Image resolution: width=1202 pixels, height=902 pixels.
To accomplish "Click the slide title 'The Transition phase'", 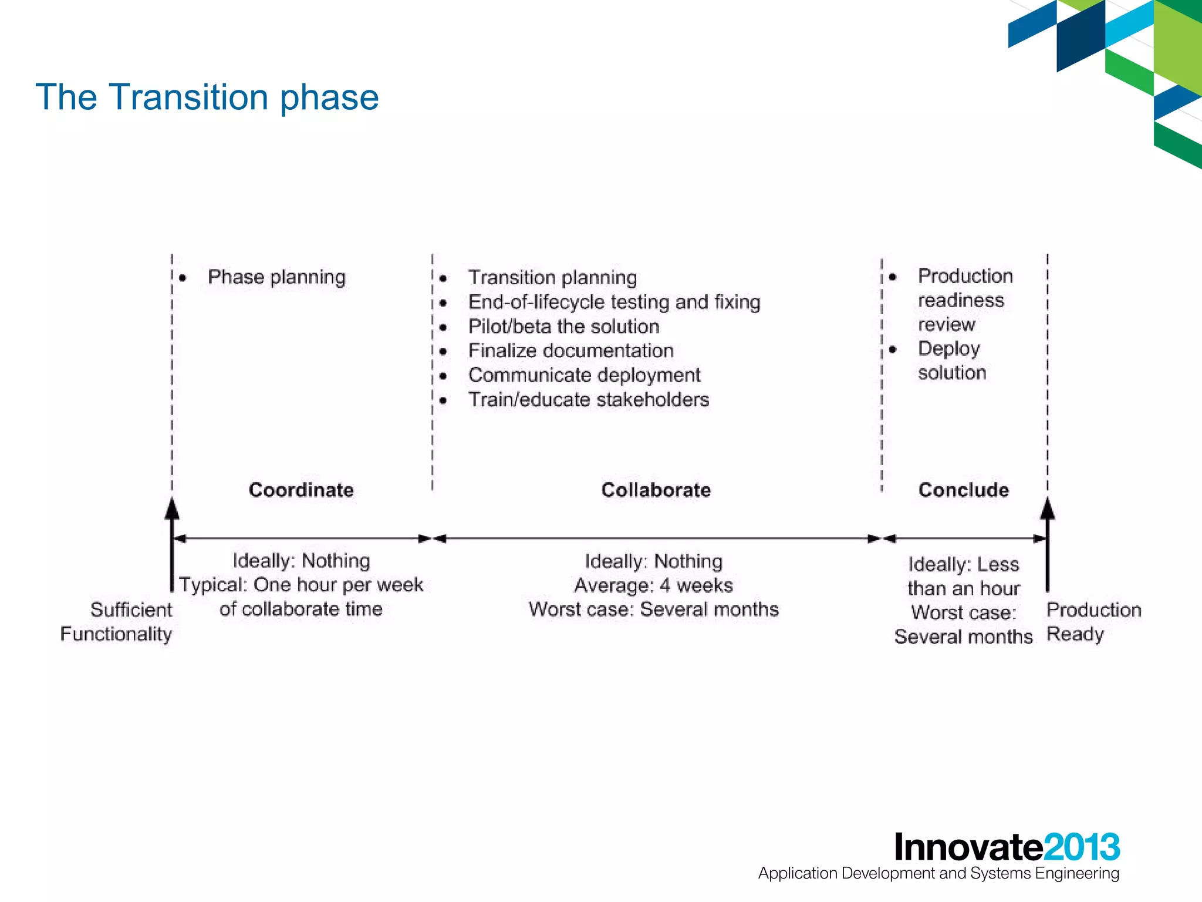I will pyautogui.click(x=207, y=97).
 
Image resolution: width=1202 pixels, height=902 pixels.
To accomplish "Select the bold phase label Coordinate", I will pyautogui.click(x=301, y=490).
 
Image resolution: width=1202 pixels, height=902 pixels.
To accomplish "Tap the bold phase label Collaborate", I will pyautogui.click(x=656, y=490).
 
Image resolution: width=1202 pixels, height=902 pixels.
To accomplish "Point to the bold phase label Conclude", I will pyautogui.click(x=963, y=490).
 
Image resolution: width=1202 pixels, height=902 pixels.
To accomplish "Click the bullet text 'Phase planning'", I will pyautogui.click(x=276, y=277).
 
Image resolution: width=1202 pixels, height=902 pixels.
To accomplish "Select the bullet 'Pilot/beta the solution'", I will pyautogui.click(x=563, y=327).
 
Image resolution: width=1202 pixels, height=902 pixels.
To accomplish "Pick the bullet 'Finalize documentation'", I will pyautogui.click(x=570, y=351).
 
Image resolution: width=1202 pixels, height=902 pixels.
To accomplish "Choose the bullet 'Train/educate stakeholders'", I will pyautogui.click(x=589, y=400).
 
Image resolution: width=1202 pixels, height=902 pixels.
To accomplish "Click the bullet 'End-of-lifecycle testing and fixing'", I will pyautogui.click(x=614, y=302).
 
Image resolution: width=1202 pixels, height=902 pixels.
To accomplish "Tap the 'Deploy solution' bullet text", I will pyautogui.click(x=951, y=360).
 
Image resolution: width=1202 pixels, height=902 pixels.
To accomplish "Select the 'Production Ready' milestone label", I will pyautogui.click(x=1093, y=621).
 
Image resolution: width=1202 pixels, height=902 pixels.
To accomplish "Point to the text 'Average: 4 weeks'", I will pyautogui.click(x=653, y=585).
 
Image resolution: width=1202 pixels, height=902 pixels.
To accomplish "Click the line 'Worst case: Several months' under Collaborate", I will pyautogui.click(x=653, y=610).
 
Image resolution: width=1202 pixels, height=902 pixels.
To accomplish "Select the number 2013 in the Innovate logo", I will pyautogui.click(x=1081, y=847).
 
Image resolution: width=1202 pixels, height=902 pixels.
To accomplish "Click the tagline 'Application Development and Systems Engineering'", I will pyautogui.click(x=938, y=873).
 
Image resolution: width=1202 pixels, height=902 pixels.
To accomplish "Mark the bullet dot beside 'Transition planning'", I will pyautogui.click(x=444, y=278).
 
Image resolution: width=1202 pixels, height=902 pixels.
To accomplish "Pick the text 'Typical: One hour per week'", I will pyautogui.click(x=301, y=585).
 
